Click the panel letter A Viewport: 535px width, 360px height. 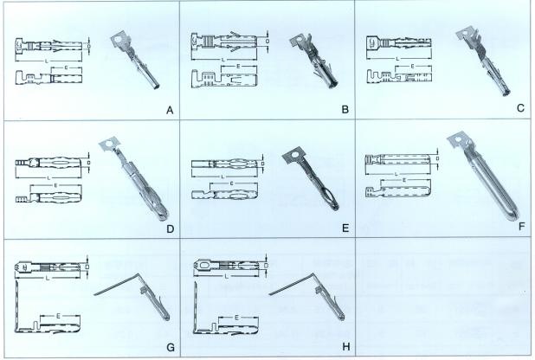coord(170,110)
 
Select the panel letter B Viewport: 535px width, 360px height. coord(345,110)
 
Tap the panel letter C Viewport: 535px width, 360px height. coord(520,108)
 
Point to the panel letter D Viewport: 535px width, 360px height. coord(171,229)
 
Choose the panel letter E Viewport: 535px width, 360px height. coord(345,228)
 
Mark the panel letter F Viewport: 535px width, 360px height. coord(521,226)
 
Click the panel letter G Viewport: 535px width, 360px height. coord(171,347)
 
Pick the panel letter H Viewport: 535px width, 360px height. coord(346,347)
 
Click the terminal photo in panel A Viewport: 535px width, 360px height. coord(135,61)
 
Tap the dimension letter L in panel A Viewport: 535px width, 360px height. coord(47,61)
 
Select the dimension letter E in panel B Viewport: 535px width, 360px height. coord(238,66)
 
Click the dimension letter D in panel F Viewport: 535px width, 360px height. coord(438,158)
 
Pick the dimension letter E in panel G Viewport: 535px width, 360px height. coord(58,316)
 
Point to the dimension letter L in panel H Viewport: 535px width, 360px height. coord(227,276)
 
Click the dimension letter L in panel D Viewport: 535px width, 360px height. coord(49,177)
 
